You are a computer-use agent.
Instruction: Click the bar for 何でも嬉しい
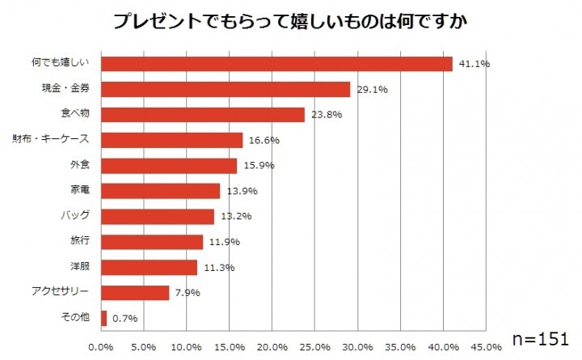(x=276, y=64)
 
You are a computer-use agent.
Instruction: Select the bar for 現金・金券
(x=226, y=89)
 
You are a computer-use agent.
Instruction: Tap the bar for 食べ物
(x=203, y=115)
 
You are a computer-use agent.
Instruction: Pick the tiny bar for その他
(x=104, y=318)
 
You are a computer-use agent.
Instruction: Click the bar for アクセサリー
(x=135, y=292)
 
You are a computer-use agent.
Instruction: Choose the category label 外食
(x=80, y=165)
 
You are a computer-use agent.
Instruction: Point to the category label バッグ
(x=76, y=216)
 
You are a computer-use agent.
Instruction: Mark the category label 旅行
(x=80, y=241)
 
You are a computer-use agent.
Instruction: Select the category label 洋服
(x=80, y=266)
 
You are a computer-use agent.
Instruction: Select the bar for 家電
(x=160, y=191)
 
